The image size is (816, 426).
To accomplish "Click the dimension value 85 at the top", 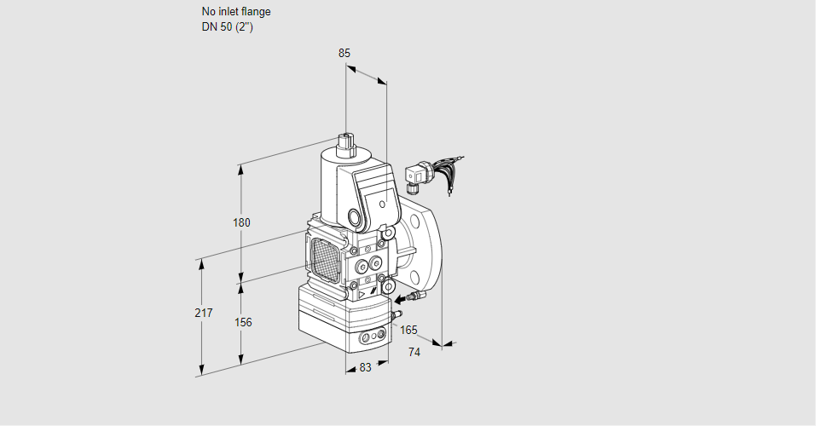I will (344, 53).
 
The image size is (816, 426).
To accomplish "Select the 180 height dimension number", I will (241, 223).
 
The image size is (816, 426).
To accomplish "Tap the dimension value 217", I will (203, 313).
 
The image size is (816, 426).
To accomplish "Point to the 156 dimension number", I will (243, 322).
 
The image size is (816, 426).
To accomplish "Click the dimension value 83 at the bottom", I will (365, 367).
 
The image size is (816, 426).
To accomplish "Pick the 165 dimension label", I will (409, 330).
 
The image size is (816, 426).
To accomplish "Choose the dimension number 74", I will (414, 352).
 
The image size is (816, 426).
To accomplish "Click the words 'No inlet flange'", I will (236, 12).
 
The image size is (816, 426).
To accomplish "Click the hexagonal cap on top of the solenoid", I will (345, 141).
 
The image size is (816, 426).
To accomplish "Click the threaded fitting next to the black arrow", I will (415, 296).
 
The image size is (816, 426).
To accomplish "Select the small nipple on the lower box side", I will (395, 316).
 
